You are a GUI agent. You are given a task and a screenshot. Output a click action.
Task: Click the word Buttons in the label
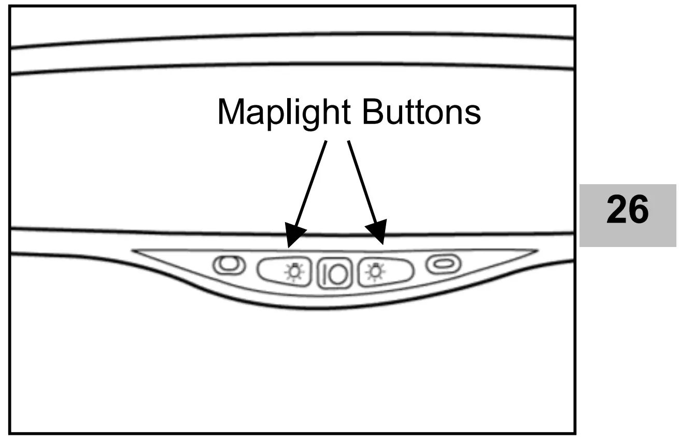tap(421, 112)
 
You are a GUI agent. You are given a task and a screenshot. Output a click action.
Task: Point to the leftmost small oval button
tap(229, 265)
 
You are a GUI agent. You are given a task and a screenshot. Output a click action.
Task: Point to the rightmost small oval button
tap(443, 264)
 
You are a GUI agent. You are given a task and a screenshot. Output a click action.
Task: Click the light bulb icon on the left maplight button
tap(294, 271)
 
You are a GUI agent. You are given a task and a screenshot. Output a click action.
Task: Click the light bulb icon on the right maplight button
tap(374, 271)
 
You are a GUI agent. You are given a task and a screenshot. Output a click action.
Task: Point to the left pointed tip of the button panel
tap(135, 251)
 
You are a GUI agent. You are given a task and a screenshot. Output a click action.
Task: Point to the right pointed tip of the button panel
tap(536, 251)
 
